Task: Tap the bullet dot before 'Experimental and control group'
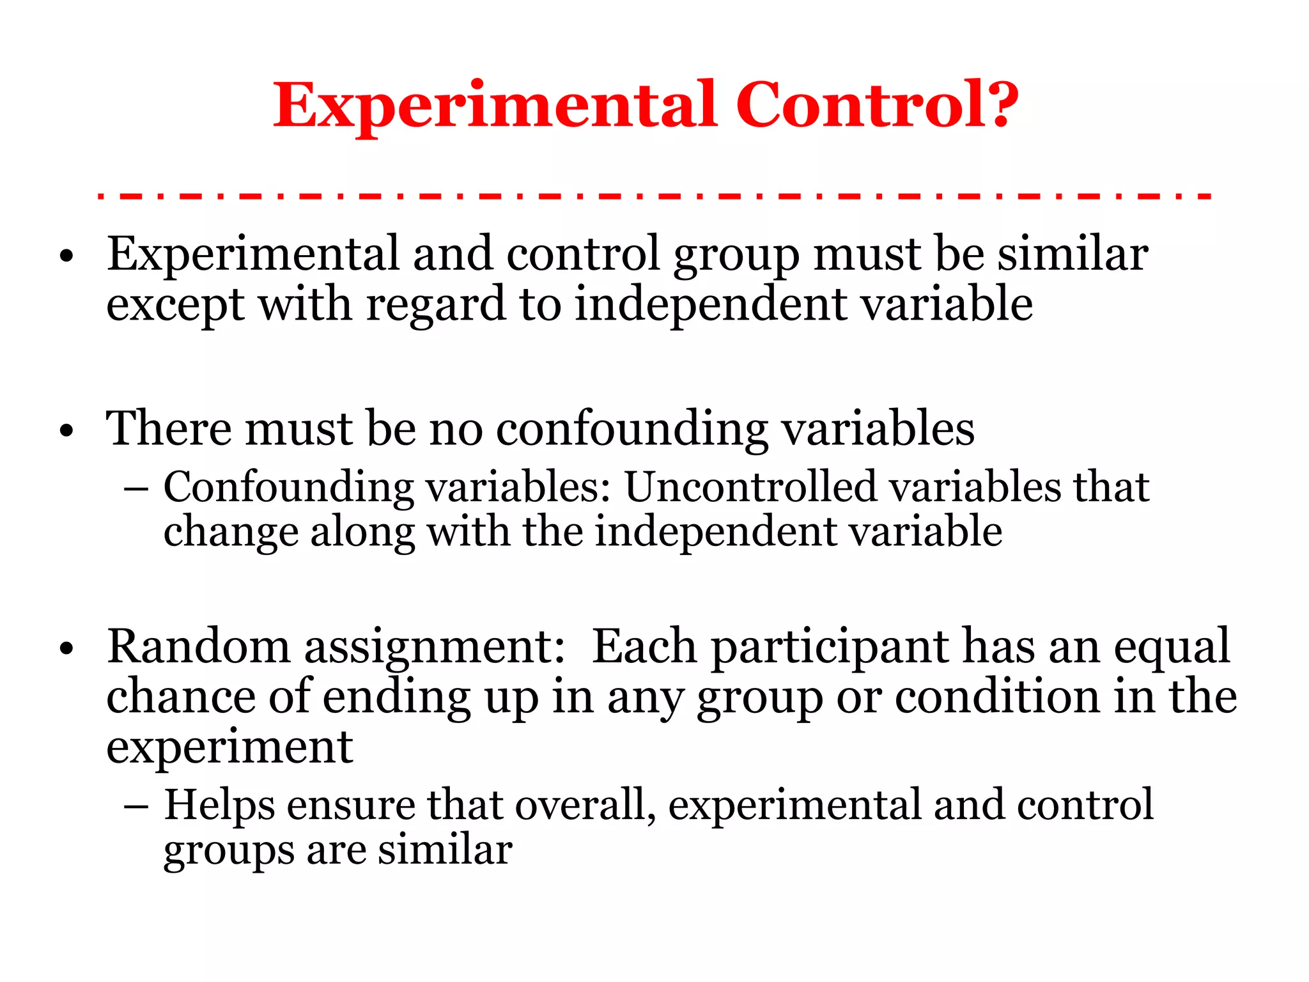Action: [66, 258]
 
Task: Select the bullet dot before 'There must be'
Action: [66, 432]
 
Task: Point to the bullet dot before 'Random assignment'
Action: [66, 650]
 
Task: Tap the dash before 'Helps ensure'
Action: [136, 807]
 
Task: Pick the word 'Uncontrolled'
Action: [750, 487]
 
